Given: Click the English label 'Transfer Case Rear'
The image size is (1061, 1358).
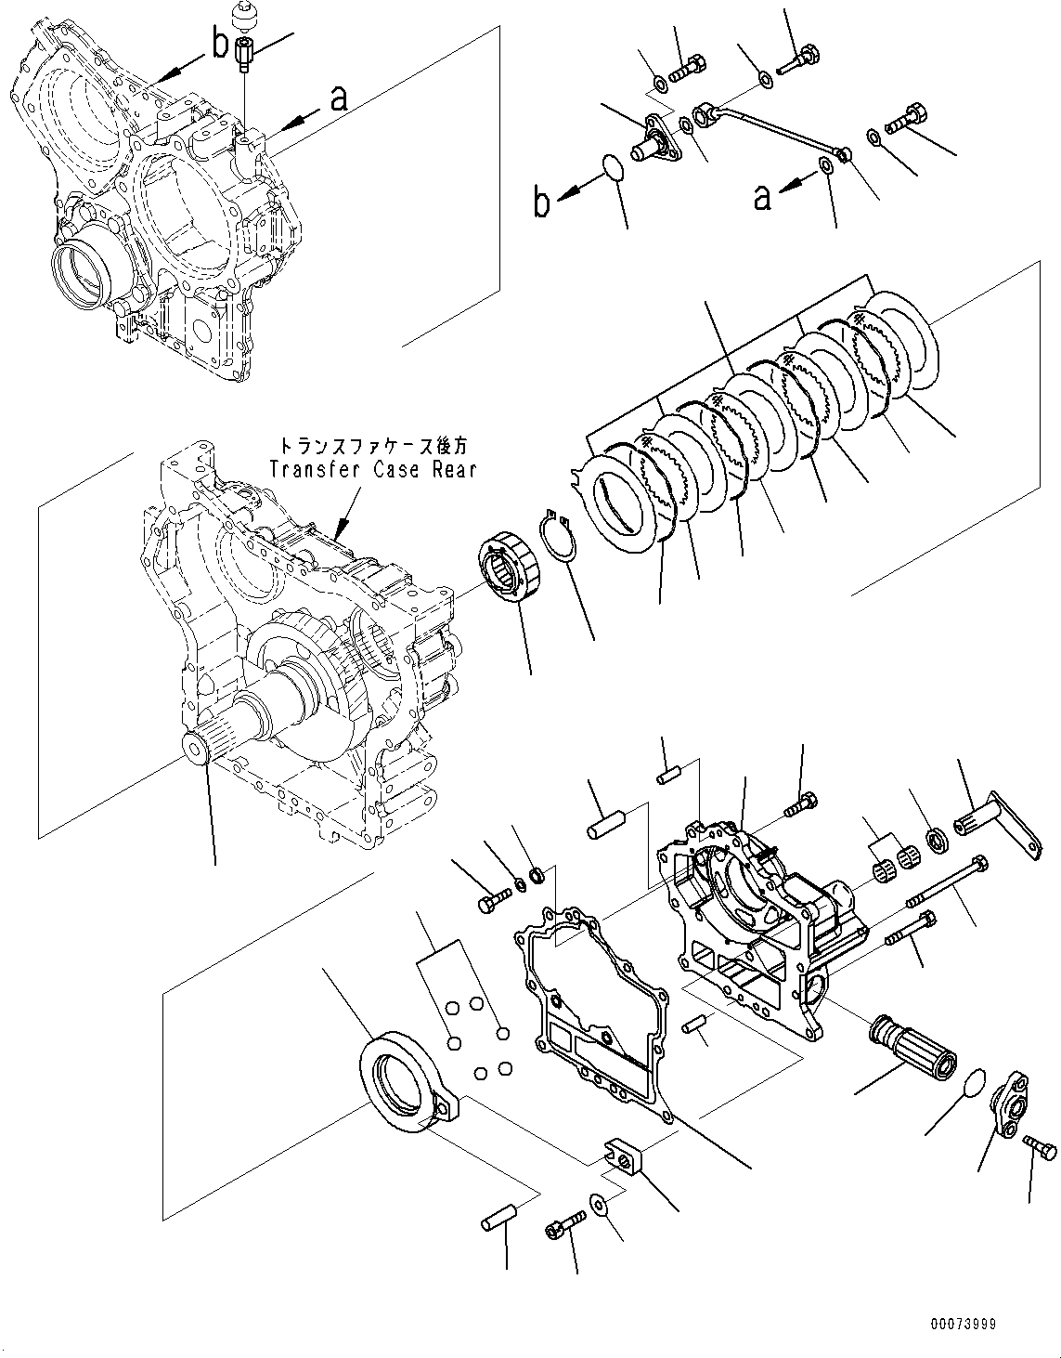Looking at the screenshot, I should click(372, 469).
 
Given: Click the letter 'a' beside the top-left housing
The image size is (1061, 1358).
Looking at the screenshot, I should click(339, 98).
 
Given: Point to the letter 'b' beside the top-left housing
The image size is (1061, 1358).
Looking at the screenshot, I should click(219, 44).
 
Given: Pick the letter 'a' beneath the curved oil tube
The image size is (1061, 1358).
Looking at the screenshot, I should click(762, 197).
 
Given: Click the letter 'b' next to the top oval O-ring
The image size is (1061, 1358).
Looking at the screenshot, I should click(542, 202).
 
